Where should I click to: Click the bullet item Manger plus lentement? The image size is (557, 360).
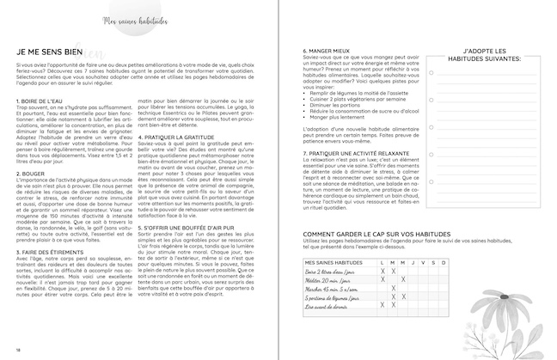pos(348,116)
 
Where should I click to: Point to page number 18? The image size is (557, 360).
pos(18,348)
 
